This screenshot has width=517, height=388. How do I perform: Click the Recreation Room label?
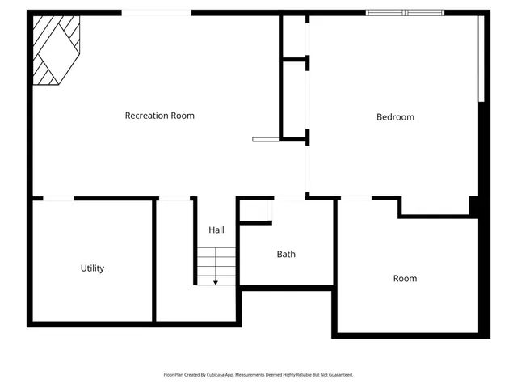click(x=159, y=116)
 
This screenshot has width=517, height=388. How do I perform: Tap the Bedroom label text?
click(x=395, y=117)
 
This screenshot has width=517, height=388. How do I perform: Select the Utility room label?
click(x=92, y=268)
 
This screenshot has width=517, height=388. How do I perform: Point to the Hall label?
click(x=216, y=230)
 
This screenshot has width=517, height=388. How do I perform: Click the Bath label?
click(x=286, y=254)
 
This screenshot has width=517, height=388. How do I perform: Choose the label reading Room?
click(x=405, y=279)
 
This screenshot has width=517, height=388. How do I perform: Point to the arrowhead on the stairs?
click(x=216, y=282)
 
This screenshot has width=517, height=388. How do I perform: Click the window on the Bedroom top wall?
click(x=405, y=12)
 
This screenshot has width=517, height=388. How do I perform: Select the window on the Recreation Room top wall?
click(x=156, y=12)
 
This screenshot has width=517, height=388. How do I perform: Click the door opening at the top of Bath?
click(x=289, y=198)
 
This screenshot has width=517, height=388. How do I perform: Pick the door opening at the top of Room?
click(x=355, y=198)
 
